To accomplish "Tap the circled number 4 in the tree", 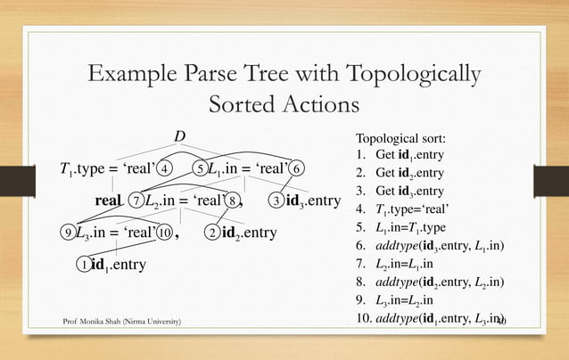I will (x=166, y=168).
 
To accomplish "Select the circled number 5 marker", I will (x=202, y=168).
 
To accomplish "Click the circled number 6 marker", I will (x=298, y=168).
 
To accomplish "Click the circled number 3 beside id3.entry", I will (x=277, y=200).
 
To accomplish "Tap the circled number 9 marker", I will (x=68, y=233).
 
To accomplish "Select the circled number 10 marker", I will (x=165, y=233).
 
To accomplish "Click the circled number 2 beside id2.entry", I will (x=210, y=233).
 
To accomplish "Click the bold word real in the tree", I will (x=108, y=201).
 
